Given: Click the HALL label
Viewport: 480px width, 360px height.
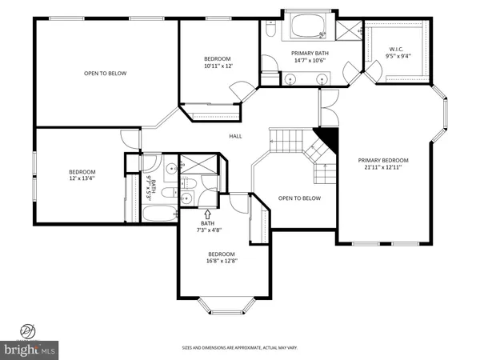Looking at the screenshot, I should tap(235, 136).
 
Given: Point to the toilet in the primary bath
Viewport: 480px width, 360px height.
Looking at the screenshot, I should tap(270, 30).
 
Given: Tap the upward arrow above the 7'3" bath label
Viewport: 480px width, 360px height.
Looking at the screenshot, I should tap(208, 214).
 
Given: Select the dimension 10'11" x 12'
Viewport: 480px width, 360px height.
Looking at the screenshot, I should tap(218, 66).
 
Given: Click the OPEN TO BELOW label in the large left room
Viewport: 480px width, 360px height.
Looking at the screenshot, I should tap(106, 73).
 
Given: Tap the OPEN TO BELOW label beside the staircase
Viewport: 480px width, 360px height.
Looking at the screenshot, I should tap(299, 198).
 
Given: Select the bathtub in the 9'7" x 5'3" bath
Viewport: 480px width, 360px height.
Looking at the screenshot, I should tap(160, 214).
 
